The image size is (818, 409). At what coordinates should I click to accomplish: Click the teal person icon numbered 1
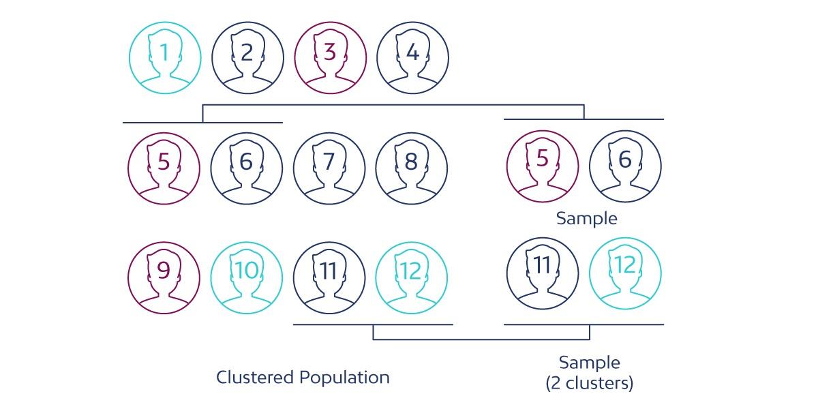tap(165, 57)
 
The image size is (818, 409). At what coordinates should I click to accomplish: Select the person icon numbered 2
tap(247, 57)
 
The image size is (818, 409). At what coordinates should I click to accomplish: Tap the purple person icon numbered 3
tap(330, 57)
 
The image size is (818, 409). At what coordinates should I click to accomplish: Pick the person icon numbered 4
tap(412, 57)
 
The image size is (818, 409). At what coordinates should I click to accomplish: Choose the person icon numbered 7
tap(329, 168)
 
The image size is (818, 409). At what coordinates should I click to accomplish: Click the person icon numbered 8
tap(411, 168)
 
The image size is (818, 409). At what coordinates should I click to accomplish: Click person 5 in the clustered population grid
tap(164, 168)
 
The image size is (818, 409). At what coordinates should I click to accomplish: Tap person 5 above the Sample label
tap(543, 166)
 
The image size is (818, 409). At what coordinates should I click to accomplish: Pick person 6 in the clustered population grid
tap(246, 168)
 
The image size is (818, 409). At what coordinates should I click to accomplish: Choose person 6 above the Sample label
tap(625, 166)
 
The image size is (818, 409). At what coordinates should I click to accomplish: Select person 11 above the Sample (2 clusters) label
tap(542, 273)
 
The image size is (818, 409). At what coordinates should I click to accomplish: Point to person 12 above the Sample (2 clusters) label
tap(625, 273)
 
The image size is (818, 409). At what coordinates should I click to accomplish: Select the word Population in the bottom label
tap(345, 377)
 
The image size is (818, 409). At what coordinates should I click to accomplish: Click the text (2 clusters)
tap(590, 384)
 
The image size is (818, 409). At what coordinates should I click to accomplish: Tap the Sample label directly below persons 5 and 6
tap(586, 219)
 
